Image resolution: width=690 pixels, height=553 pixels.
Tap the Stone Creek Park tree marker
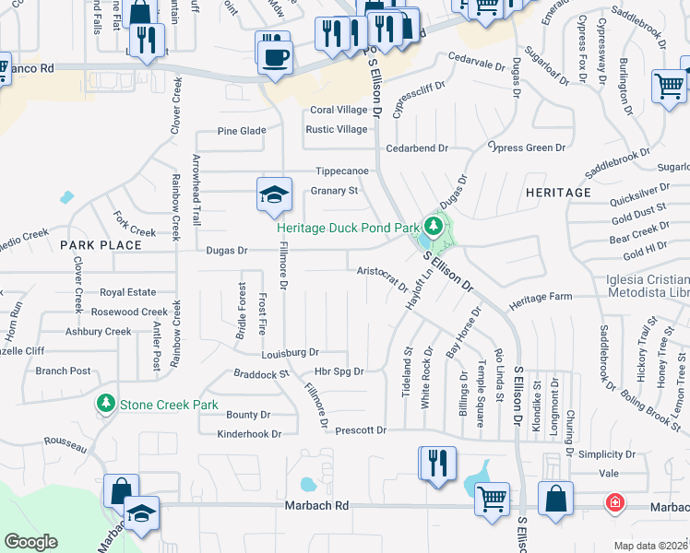tap(106, 404)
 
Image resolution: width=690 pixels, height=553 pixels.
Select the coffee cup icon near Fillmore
tap(275, 58)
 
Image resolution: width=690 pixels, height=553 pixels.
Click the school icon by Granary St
tap(274, 194)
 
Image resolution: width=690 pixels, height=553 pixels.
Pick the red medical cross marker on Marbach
tap(613, 503)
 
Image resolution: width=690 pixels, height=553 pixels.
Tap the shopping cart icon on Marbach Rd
tap(492, 499)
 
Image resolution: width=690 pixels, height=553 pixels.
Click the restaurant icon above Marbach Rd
tap(437, 463)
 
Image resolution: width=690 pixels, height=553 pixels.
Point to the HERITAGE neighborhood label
tap(557, 192)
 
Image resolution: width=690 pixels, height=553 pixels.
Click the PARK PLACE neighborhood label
tap(101, 245)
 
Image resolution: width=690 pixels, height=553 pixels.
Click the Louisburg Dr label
tap(289, 352)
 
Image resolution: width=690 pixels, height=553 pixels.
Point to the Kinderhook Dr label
tap(249, 433)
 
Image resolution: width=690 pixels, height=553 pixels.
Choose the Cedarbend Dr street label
tap(417, 147)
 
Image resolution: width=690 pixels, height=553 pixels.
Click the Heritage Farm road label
tap(541, 298)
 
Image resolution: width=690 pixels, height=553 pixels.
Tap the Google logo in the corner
tap(30, 542)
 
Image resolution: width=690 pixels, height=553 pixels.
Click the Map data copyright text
tap(650, 546)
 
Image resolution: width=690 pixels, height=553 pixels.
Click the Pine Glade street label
tap(241, 131)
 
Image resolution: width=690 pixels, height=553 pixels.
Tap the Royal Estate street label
tap(128, 291)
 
